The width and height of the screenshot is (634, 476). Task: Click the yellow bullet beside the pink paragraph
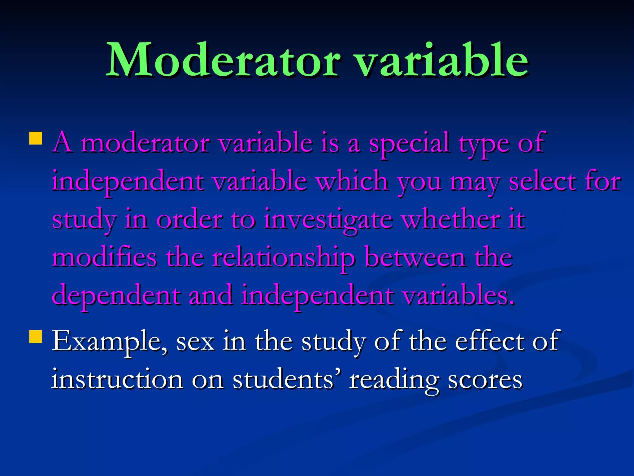tap(36, 139)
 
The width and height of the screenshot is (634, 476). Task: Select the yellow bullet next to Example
tap(36, 337)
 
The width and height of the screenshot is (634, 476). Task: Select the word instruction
tap(117, 379)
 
